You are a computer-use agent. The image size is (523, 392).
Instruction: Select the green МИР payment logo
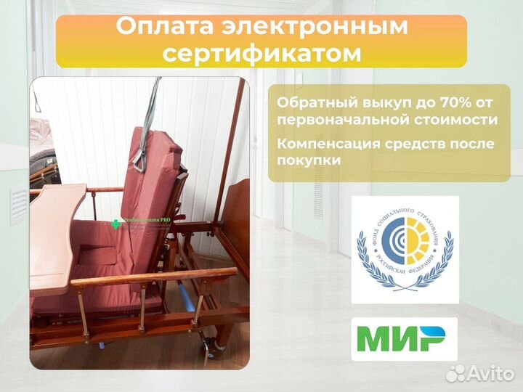pyautogui.click(x=404, y=339)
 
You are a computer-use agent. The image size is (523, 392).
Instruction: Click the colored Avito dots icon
pyautogui.click(x=455, y=373)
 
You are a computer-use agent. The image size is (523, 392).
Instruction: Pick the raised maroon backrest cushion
pyautogui.click(x=156, y=181)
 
